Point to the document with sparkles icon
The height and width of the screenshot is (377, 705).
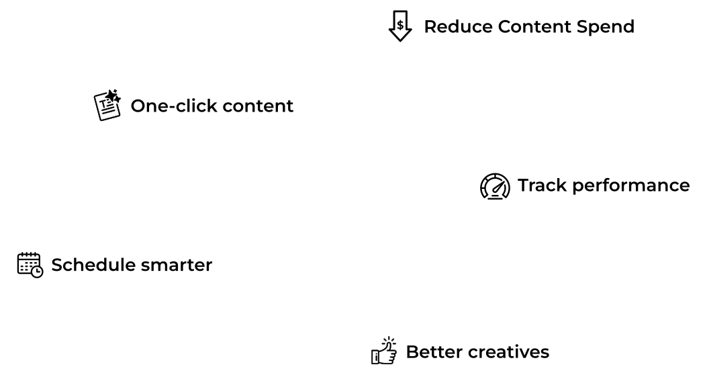pyautogui.click(x=107, y=106)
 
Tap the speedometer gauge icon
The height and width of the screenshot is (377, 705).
pyautogui.click(x=494, y=186)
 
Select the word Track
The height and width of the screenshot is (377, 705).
pyautogui.click(x=542, y=185)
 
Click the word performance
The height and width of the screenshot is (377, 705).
pyautogui.click(x=630, y=186)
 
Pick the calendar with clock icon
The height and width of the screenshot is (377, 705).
pyautogui.click(x=30, y=265)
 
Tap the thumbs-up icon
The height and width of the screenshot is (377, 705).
pyautogui.click(x=384, y=351)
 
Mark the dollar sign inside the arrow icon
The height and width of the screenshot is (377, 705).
pyautogui.click(x=400, y=25)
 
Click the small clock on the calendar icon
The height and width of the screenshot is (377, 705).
pyautogui.click(x=38, y=271)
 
